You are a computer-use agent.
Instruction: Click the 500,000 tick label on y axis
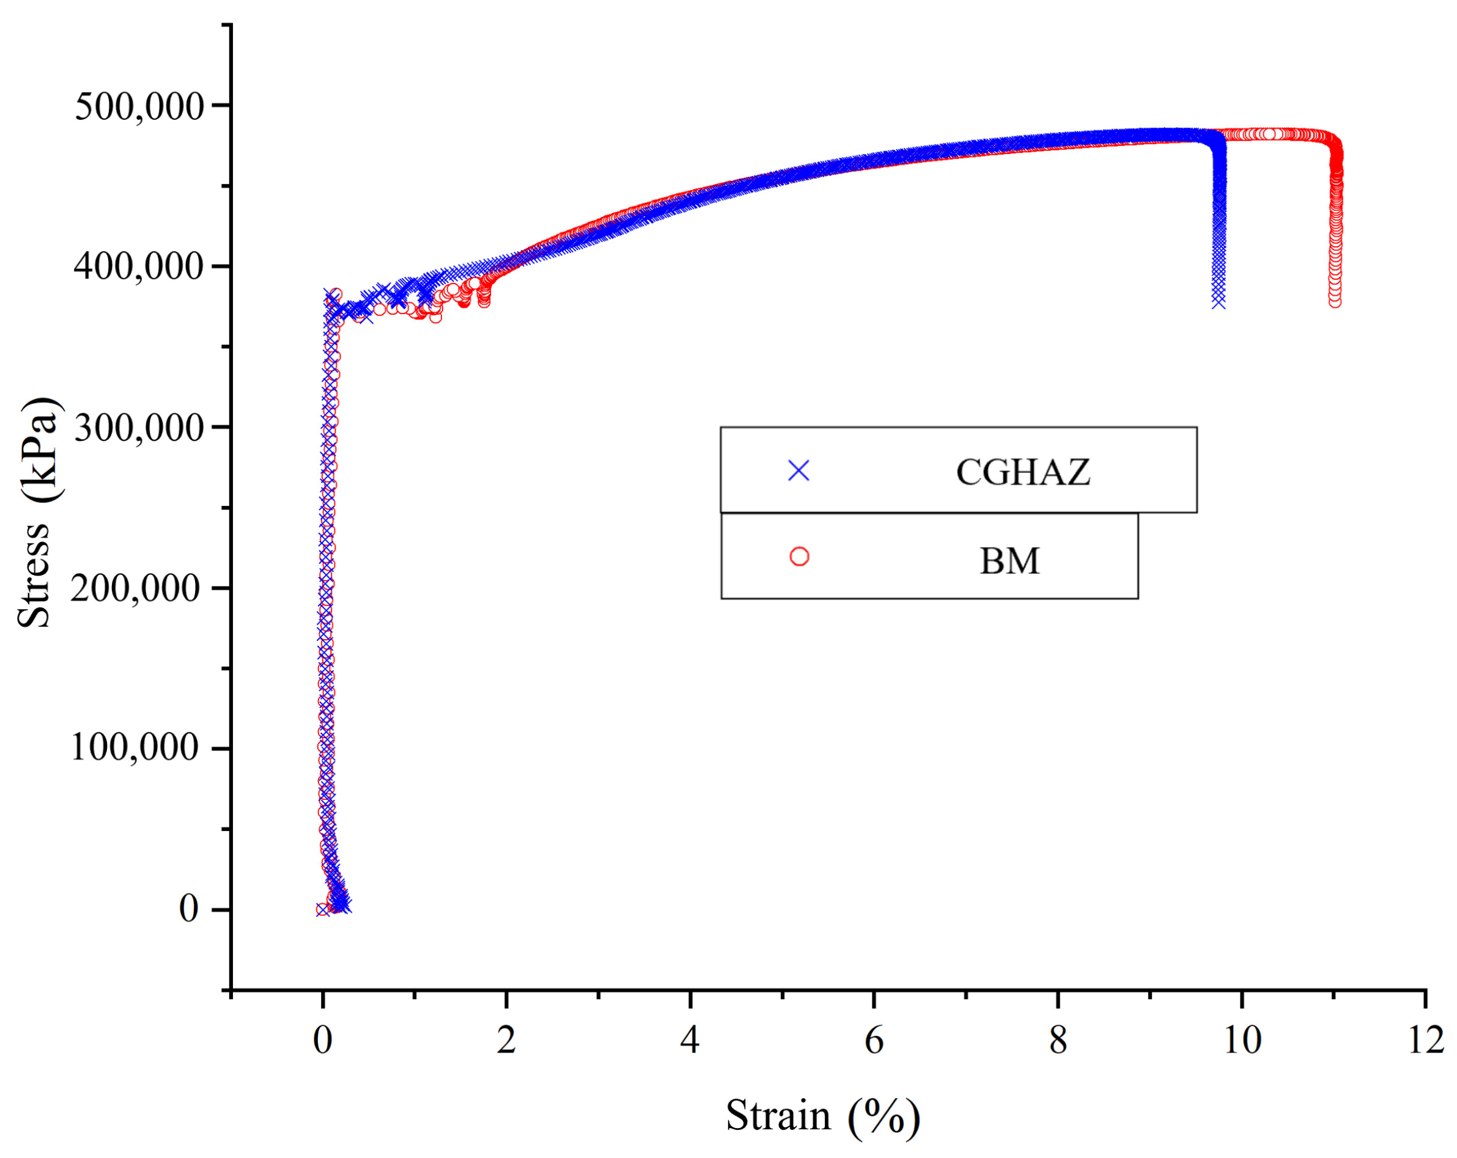tap(139, 107)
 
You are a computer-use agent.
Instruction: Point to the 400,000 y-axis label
tap(139, 267)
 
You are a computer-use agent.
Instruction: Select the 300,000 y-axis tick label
tap(139, 428)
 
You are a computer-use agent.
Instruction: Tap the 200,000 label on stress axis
tap(136, 588)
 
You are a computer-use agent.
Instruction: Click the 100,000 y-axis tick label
tap(135, 748)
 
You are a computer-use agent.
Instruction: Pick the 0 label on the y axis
tap(188, 909)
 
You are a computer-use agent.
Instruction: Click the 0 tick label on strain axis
tap(322, 1041)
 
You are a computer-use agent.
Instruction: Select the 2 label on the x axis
tap(506, 1041)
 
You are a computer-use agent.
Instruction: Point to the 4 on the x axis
tap(690, 1041)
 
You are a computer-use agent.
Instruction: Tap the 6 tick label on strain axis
tap(874, 1041)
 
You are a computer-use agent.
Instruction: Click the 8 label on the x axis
tap(1058, 1041)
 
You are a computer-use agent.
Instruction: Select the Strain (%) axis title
tap(822, 1115)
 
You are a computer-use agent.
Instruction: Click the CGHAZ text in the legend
tap(1022, 472)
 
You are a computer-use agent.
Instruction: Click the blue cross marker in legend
tap(799, 471)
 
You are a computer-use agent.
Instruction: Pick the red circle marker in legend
tap(800, 557)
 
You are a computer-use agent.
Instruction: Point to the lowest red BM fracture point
tap(1335, 301)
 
